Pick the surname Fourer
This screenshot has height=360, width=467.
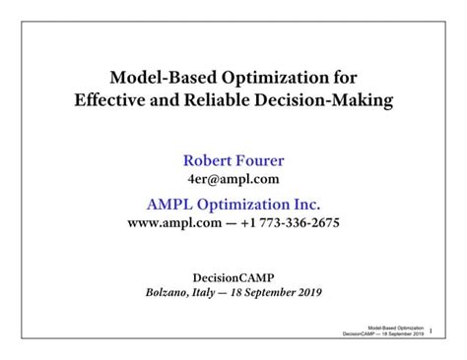261,160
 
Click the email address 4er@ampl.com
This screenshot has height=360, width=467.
233,178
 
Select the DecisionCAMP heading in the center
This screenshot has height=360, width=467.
233,276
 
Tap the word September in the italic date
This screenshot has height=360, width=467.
281,292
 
